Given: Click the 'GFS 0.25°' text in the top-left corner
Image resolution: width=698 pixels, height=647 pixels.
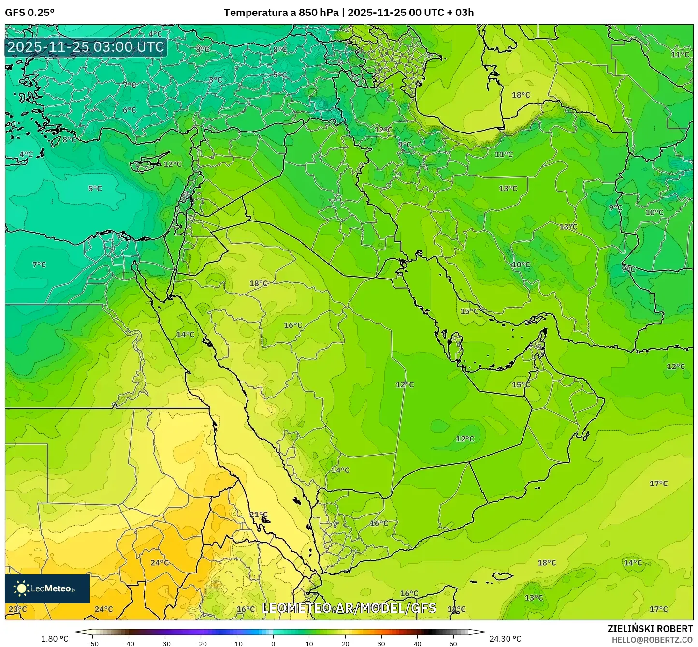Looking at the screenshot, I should click(x=29, y=13).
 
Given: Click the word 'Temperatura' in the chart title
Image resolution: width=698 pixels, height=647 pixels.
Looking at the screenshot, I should click(x=256, y=13).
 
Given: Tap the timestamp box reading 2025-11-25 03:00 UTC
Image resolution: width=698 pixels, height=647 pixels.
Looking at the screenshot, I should click(x=86, y=47).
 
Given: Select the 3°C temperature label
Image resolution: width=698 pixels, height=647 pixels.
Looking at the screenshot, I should click(x=216, y=80).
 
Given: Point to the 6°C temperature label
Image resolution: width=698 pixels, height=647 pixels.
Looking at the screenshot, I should click(x=129, y=110).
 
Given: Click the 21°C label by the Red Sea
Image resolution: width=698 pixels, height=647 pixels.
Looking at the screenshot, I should click(x=258, y=515).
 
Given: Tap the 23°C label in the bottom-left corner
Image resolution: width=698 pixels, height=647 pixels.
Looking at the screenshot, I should click(x=18, y=609).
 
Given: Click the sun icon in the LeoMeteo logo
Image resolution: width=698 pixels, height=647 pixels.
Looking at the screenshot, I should click(x=21, y=588).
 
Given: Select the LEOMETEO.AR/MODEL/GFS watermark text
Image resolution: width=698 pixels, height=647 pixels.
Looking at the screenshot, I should click(x=349, y=608).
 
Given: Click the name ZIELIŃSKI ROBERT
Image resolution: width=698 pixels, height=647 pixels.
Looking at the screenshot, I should click(x=650, y=629).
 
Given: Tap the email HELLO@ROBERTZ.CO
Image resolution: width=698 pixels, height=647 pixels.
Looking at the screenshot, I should click(x=652, y=640).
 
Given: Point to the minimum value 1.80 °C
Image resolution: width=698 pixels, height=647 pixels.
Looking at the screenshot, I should click(x=55, y=639).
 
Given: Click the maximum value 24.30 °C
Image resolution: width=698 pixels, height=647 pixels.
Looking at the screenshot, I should click(x=505, y=639).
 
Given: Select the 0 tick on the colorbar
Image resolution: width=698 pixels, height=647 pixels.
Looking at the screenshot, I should click(x=273, y=643).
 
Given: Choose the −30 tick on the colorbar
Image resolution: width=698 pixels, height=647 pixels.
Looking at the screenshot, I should click(x=165, y=643).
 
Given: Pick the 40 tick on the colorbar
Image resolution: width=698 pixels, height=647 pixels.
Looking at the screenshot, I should click(x=417, y=643).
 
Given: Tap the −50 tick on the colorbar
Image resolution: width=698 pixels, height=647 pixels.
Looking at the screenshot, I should click(x=92, y=643).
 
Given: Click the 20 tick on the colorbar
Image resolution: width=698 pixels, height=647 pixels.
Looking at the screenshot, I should click(x=345, y=643).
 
